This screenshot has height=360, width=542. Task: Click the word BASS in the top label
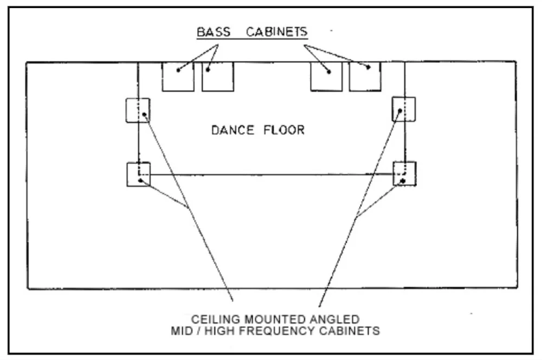pyautogui.click(x=214, y=31)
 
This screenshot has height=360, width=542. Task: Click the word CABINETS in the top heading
pyautogui.click(x=277, y=31)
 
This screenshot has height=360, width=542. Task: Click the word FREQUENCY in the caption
pyautogui.click(x=291, y=330)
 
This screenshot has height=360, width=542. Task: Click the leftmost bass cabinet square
pyautogui.click(x=178, y=76)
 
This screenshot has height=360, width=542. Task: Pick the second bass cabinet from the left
pyautogui.click(x=217, y=76)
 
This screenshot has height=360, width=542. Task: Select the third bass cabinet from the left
pyautogui.click(x=326, y=76)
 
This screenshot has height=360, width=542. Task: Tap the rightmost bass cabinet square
pyautogui.click(x=365, y=76)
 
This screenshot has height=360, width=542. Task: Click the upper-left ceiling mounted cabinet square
pyautogui.click(x=138, y=110)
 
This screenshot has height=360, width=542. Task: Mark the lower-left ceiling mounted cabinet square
pyautogui.click(x=138, y=174)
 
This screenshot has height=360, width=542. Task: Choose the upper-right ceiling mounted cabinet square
pyautogui.click(x=404, y=109)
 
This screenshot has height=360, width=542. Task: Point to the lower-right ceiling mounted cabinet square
pyautogui.click(x=404, y=174)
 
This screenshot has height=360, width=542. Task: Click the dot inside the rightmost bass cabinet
pyautogui.click(x=369, y=67)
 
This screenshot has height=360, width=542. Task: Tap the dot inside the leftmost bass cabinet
pyautogui.click(x=179, y=69)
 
